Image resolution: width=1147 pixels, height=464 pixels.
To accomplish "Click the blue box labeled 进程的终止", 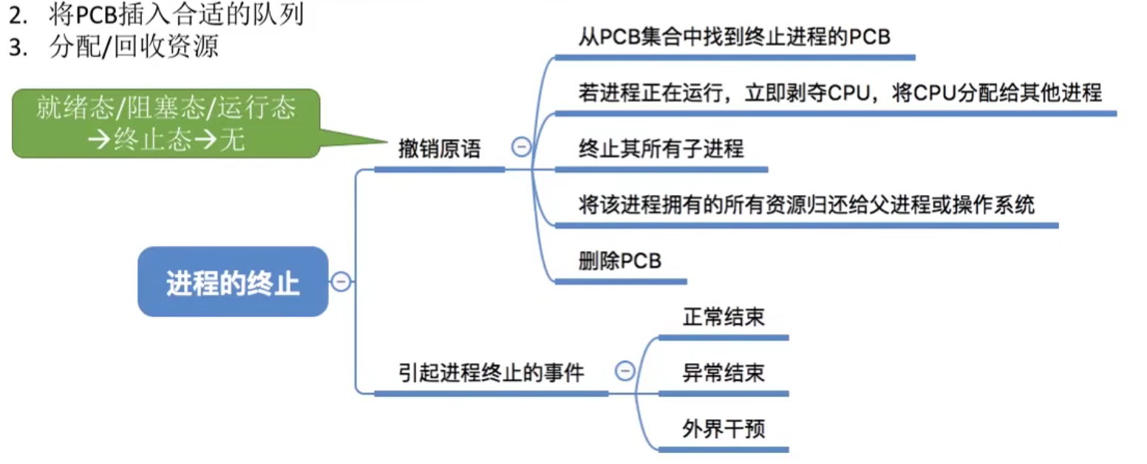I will [x=233, y=282].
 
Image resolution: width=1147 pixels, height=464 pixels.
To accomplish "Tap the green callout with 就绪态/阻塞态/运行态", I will [x=166, y=123].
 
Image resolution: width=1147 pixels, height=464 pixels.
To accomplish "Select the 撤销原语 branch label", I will [x=439, y=150].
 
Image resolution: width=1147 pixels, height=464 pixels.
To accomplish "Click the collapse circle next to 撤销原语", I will [x=520, y=148].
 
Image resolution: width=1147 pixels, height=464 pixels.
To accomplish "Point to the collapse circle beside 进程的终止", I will [x=341, y=282].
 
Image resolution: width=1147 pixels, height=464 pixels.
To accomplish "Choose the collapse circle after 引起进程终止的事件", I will [x=625, y=371].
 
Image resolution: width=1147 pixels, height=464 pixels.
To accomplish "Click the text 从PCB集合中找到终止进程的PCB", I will [x=734, y=38].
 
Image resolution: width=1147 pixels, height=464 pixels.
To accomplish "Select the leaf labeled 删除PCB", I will [x=619, y=262].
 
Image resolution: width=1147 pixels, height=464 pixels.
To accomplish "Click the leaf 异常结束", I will [x=723, y=373].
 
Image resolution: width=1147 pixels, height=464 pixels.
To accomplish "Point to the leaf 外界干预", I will [x=723, y=429].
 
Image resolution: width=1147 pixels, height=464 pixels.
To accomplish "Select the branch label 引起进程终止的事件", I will [x=491, y=373].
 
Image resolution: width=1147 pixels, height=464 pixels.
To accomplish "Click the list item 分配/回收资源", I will [x=134, y=47].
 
